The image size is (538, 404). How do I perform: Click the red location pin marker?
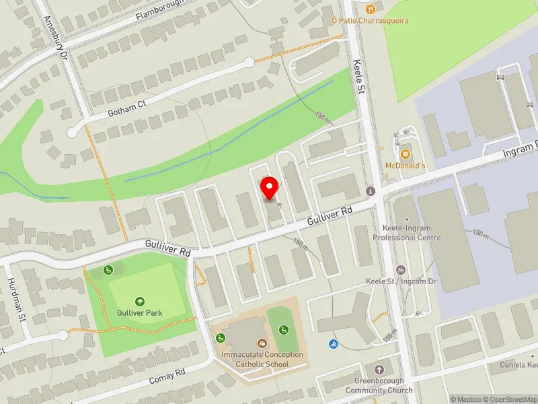coord(270,188)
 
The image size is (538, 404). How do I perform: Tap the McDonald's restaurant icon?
coord(404,153)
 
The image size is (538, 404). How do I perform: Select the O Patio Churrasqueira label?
coord(370,20)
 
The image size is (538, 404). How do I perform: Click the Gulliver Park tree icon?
coord(140,301)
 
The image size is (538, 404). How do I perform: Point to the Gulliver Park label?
coord(140,313)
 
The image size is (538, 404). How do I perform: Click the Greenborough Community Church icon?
coord(379,370)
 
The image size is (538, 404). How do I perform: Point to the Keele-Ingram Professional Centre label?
coord(407,233)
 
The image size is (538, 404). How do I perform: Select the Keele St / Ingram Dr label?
coord(401,281)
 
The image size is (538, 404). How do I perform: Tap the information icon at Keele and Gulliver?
coord(370,191)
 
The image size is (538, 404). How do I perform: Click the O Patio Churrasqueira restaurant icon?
coord(370,9)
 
